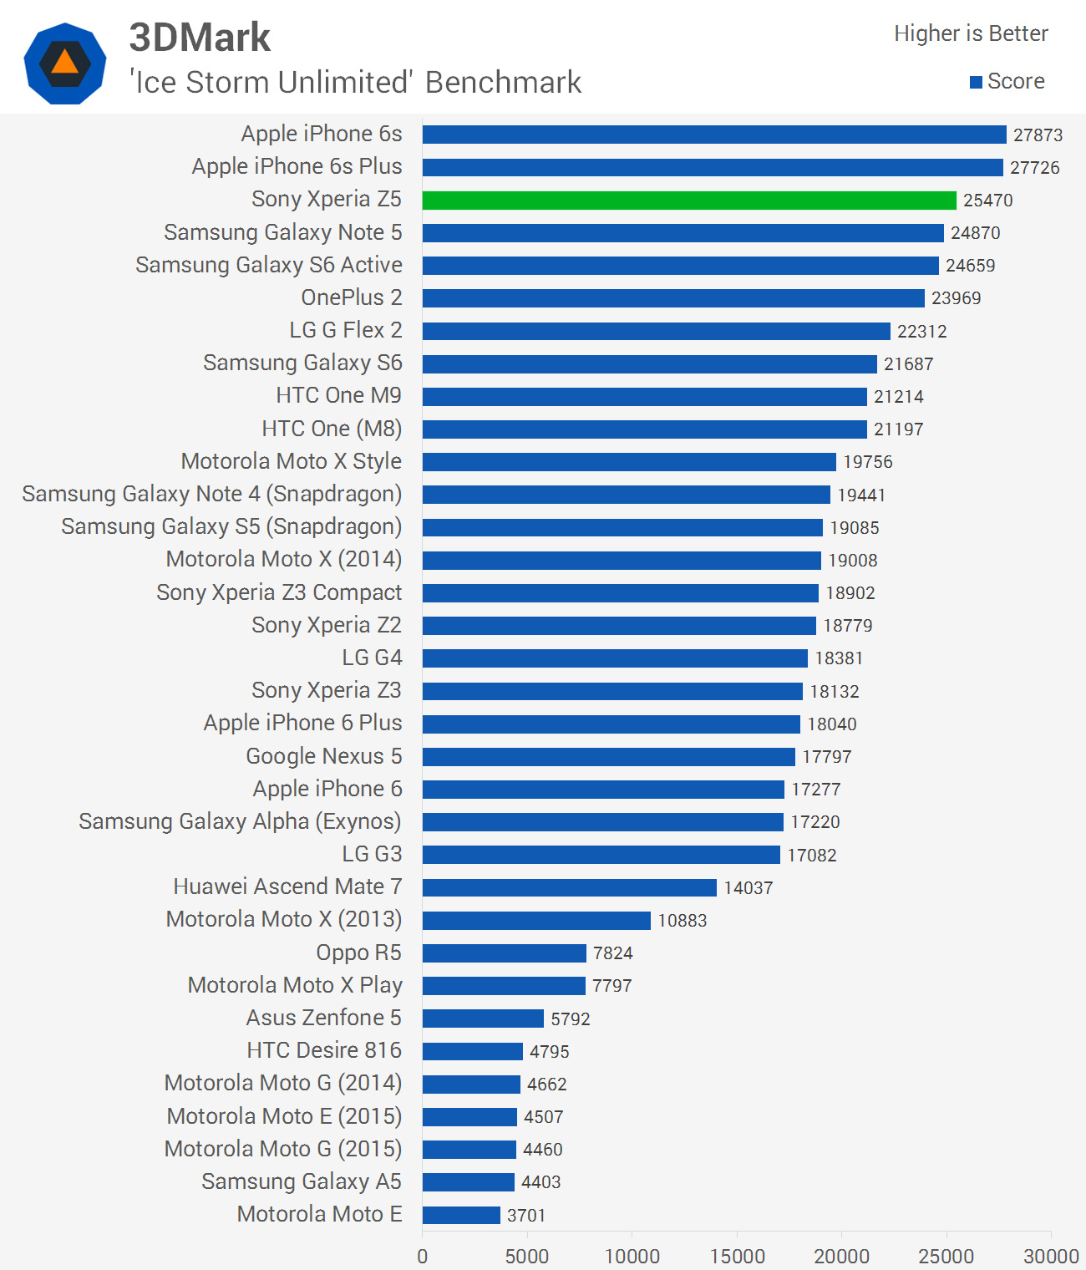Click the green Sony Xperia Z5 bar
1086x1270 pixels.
tap(689, 201)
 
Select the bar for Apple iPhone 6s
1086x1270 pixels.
tap(714, 135)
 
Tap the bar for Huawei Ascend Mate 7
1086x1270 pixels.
tap(569, 887)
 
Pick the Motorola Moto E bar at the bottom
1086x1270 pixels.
tap(461, 1215)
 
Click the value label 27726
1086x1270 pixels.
tap(1034, 168)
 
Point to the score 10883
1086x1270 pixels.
tap(682, 921)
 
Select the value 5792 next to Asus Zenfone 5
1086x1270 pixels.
tap(570, 1019)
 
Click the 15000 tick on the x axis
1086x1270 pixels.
tap(737, 1256)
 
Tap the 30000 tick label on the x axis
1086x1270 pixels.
tap(1051, 1256)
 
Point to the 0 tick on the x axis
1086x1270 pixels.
tap(423, 1256)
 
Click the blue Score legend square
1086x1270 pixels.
tap(976, 82)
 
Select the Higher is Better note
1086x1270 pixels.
tap(971, 33)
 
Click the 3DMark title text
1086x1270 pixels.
tap(200, 38)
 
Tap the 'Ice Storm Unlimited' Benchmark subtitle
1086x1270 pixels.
tap(355, 83)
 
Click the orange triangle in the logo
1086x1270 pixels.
tap(64, 63)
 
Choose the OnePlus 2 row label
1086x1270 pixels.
tap(352, 297)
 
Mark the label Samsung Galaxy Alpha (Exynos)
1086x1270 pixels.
tap(240, 821)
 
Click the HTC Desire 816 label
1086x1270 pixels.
tap(324, 1050)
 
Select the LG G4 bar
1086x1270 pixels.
tap(615, 658)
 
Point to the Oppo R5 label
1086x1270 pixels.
tap(358, 952)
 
